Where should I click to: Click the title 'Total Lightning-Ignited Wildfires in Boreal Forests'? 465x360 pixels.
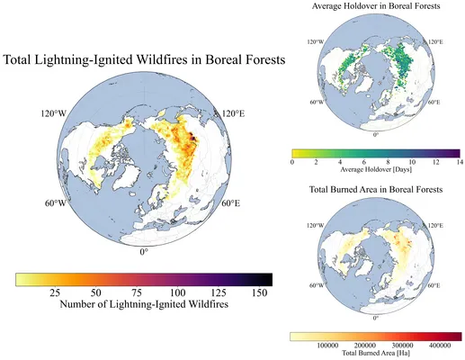tap(144, 59)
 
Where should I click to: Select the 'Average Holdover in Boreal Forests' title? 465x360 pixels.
tap(376, 6)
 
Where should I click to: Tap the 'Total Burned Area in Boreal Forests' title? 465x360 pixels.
tap(376, 190)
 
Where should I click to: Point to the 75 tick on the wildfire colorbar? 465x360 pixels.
tap(137, 292)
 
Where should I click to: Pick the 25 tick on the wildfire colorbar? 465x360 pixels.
tap(55, 292)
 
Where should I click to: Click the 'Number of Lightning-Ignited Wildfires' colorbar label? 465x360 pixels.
tap(144, 304)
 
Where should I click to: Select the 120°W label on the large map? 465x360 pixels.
tap(53, 114)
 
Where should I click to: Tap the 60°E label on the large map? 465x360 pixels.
tap(231, 203)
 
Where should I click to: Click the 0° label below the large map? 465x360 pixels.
tap(144, 252)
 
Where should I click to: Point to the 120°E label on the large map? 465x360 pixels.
tap(233, 114)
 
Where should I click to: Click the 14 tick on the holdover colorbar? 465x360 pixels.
tap(460, 162)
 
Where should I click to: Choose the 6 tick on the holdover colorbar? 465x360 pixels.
tap(364, 162)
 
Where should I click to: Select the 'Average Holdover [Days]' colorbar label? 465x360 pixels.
tap(376, 169)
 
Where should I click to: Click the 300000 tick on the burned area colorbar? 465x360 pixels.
tap(403, 346)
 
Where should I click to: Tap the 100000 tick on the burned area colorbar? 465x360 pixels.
tap(327, 346)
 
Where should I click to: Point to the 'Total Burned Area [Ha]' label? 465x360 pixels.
tap(376, 353)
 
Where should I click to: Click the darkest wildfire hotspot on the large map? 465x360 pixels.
tap(193, 139)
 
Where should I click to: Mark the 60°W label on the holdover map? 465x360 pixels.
tap(317, 102)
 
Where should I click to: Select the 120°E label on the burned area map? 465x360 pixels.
tap(435, 226)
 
